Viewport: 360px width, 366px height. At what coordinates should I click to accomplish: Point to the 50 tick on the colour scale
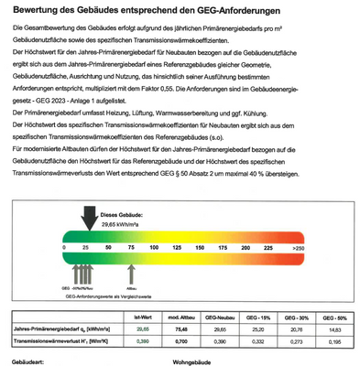(109, 247)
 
